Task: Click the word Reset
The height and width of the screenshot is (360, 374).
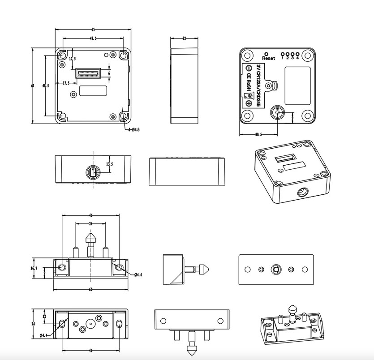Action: click(x=269, y=58)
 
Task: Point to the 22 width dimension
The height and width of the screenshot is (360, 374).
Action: click(x=184, y=39)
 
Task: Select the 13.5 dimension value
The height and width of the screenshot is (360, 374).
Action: click(x=109, y=164)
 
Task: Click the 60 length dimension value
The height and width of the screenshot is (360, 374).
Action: click(x=90, y=290)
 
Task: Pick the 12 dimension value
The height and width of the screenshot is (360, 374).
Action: click(x=44, y=316)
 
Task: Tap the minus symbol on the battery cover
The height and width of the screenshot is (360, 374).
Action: click(x=247, y=68)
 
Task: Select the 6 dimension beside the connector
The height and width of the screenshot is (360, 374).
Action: click(x=109, y=73)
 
